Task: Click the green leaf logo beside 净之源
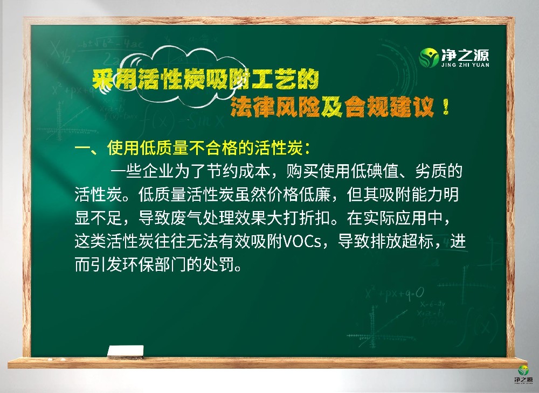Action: coord(429,57)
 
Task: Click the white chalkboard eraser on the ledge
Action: coord(126,352)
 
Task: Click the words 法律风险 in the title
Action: coord(281,108)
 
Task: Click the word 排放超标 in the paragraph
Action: coord(401,242)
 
